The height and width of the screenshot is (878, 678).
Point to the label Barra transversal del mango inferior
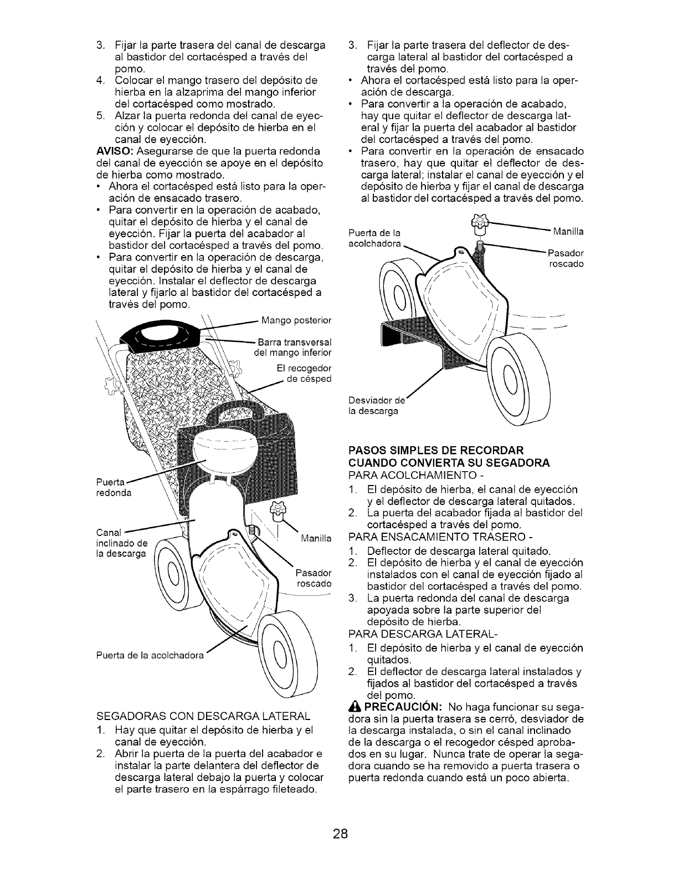tap(293, 346)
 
